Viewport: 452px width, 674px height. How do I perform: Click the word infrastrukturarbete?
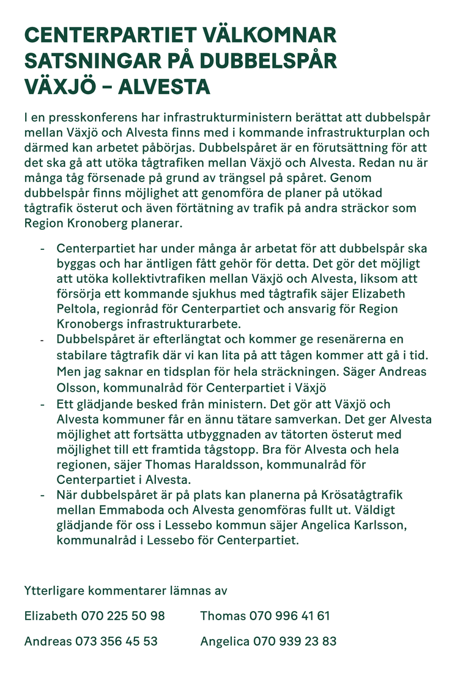pos(179,324)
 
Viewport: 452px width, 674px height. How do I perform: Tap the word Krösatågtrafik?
pos(354,494)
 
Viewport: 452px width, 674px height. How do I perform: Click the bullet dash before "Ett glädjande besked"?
pos(42,405)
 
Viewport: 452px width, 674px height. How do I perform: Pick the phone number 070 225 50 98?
pos(122,616)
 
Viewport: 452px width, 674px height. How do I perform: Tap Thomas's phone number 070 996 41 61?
pos(289,616)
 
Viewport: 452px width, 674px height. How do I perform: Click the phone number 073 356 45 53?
pos(116,642)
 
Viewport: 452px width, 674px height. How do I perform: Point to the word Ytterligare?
pos(55,590)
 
